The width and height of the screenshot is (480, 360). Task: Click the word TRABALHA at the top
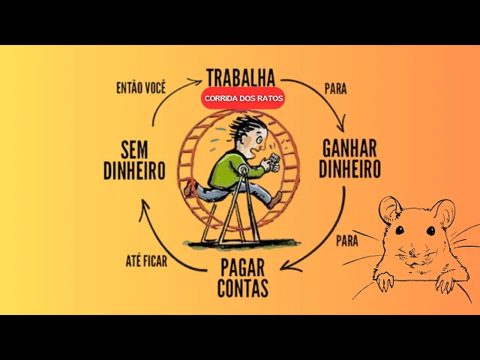click(x=240, y=77)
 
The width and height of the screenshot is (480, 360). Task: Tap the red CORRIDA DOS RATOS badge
click(x=243, y=98)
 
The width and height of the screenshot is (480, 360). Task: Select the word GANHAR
click(x=349, y=146)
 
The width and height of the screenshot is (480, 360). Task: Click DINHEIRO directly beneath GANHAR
click(x=349, y=169)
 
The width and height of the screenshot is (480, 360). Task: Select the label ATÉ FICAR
click(x=146, y=262)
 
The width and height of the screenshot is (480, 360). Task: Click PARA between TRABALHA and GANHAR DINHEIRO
click(x=335, y=88)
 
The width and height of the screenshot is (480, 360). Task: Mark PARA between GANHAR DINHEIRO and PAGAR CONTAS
click(x=346, y=241)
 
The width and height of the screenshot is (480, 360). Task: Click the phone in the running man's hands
click(x=274, y=159)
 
